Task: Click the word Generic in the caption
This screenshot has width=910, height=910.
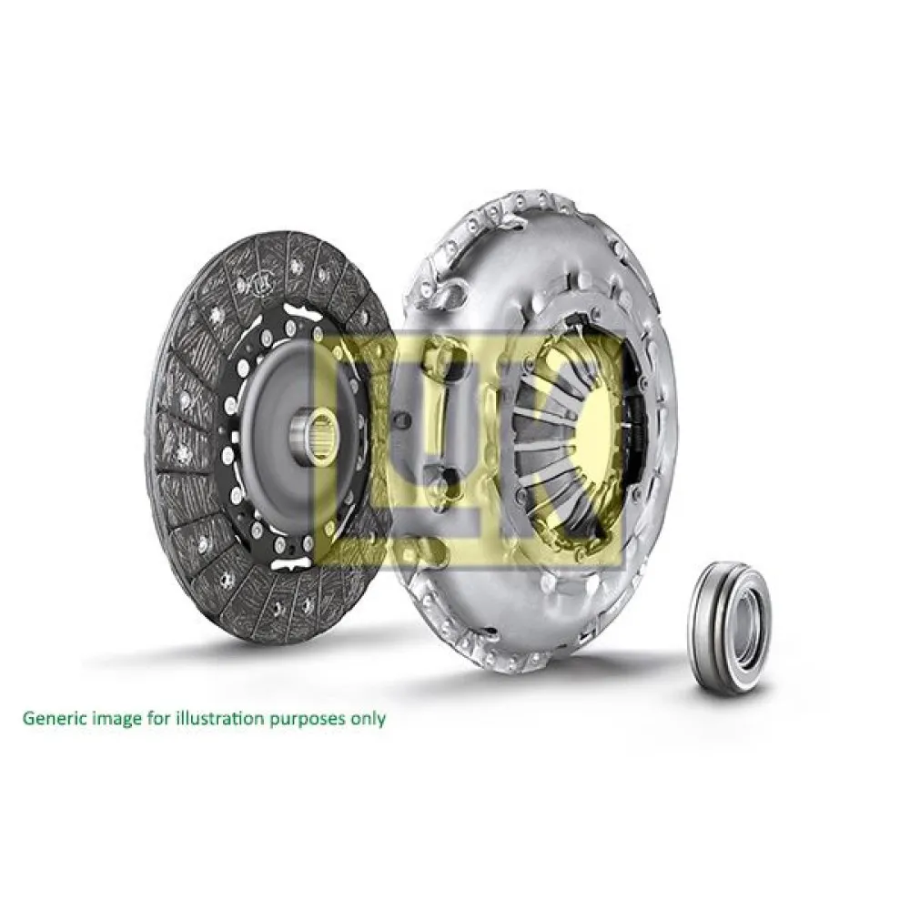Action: pos(54,718)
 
